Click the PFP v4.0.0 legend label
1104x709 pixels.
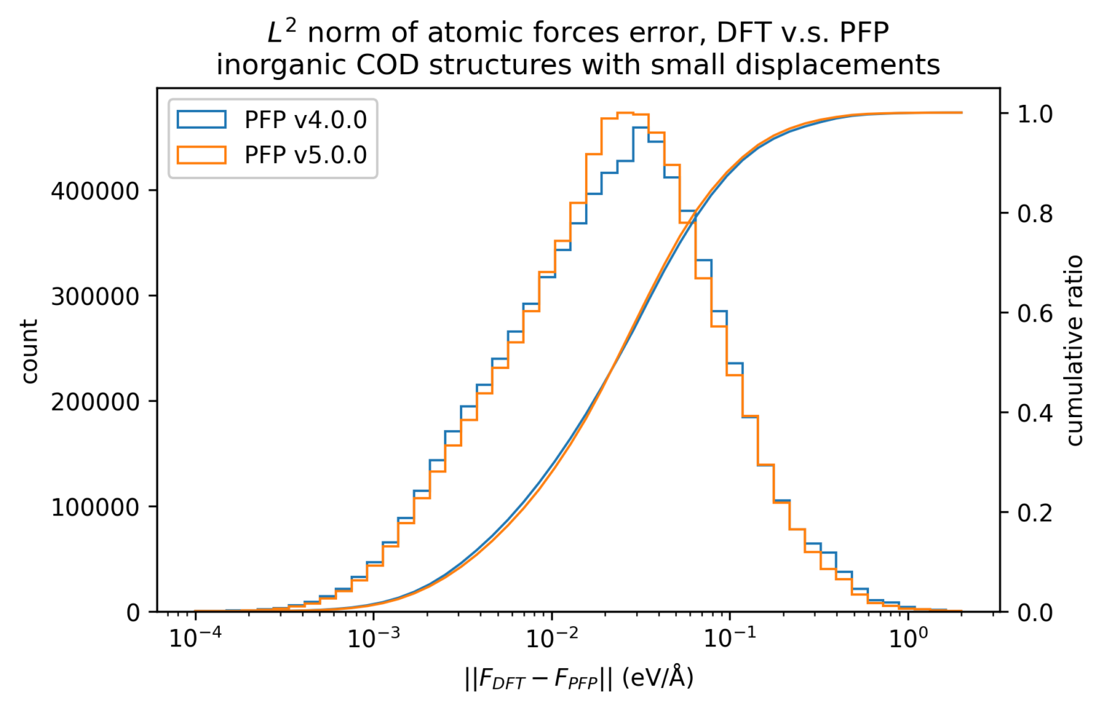coord(305,119)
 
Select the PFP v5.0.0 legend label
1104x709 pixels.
coord(305,155)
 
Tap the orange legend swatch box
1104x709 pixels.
coord(202,155)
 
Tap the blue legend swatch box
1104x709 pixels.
coord(202,119)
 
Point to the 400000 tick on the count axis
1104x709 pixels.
coord(95,191)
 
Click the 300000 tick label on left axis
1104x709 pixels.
coord(95,296)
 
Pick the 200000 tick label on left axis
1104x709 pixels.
coord(95,402)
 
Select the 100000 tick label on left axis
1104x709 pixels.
coord(95,508)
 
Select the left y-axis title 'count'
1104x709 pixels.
coord(29,352)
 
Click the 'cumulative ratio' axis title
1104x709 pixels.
coord(1075,350)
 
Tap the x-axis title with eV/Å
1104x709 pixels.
coord(579,677)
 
